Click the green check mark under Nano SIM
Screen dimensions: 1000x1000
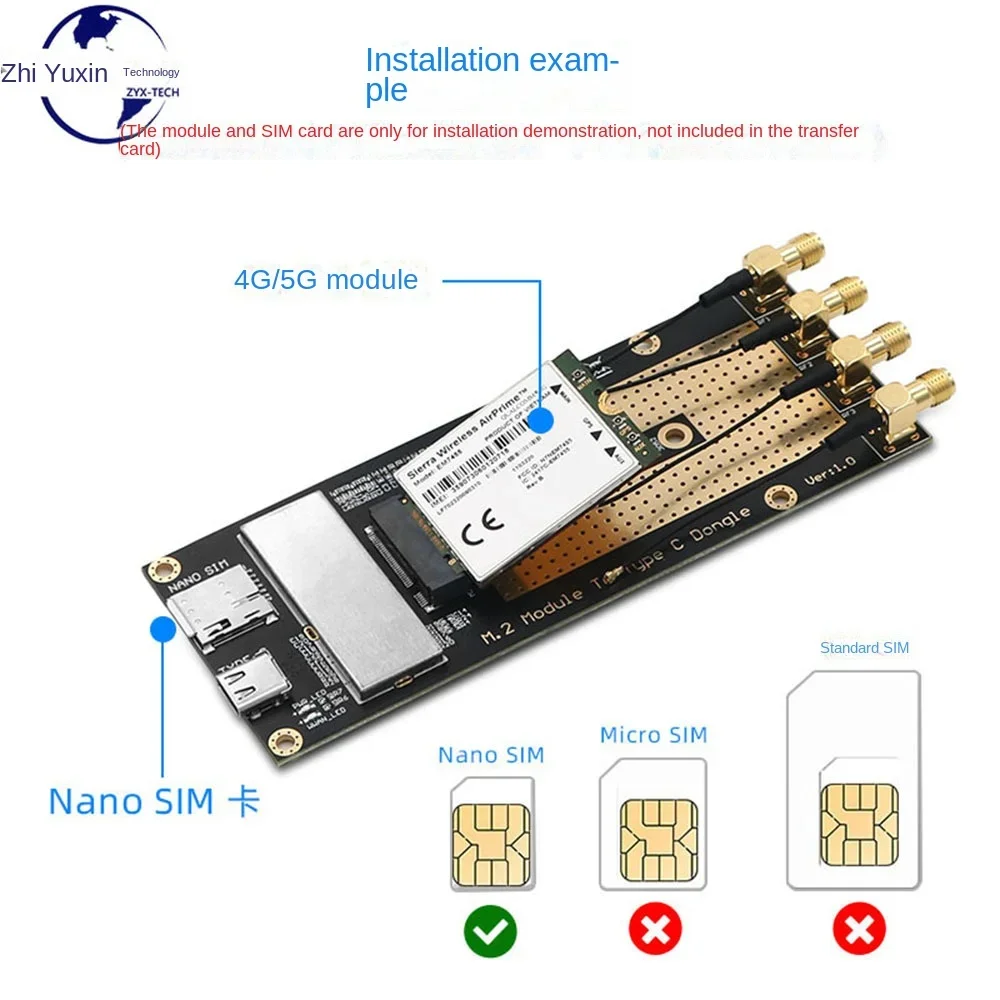tap(490, 932)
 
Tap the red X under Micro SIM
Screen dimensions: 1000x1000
tap(654, 932)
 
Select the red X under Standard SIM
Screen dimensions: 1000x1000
tap(859, 932)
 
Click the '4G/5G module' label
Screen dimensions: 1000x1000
tap(326, 279)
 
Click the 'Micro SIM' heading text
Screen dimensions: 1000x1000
tap(653, 735)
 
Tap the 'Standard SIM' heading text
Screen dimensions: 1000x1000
tap(864, 648)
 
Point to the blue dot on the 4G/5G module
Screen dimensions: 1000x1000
tap(541, 418)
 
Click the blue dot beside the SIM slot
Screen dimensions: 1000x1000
tap(161, 630)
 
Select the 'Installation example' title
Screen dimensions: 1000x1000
tap(491, 74)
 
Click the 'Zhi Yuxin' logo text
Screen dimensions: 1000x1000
tap(54, 73)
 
